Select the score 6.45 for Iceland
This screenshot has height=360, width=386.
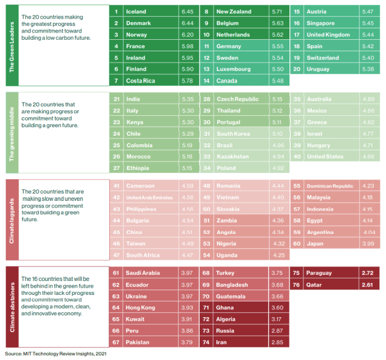[x=187, y=12]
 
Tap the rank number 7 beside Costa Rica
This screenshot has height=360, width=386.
[x=116, y=81]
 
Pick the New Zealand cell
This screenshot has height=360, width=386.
[x=233, y=12]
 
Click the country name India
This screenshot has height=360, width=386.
[x=133, y=99]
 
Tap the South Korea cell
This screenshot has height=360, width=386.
[x=233, y=134]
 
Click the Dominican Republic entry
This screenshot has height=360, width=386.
[x=330, y=186]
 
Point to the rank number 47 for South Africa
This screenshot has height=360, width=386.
[x=116, y=255]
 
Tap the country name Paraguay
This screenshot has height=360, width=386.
[x=320, y=273]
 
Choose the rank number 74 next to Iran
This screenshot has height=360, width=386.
[x=206, y=342]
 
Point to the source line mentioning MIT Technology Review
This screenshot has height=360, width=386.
[x=51, y=353]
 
